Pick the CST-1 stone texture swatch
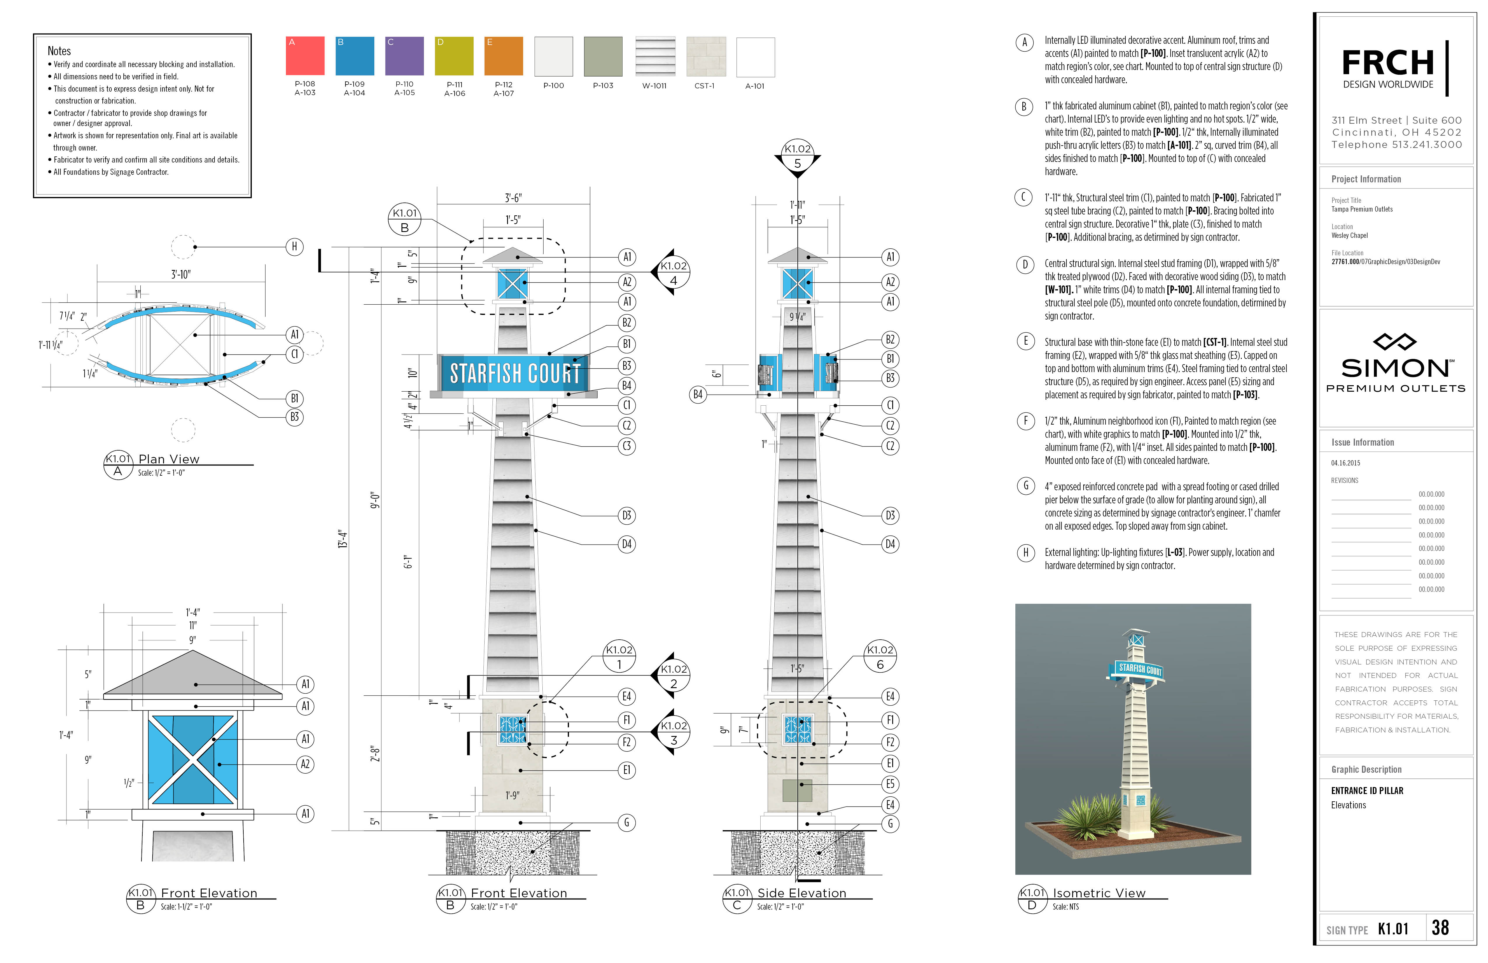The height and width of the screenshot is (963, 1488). (x=706, y=56)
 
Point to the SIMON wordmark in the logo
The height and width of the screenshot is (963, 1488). (x=1395, y=368)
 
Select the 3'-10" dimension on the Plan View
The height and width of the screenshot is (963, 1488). (x=181, y=275)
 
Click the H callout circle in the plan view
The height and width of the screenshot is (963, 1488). (x=294, y=247)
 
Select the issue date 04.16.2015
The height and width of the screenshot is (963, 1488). (x=1345, y=463)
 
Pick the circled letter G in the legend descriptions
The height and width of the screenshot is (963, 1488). (x=1025, y=486)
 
